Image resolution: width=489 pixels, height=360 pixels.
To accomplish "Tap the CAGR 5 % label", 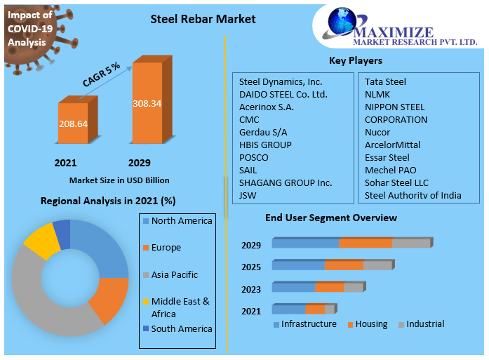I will coord(102,74).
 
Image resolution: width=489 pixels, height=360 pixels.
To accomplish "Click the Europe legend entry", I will coord(166,248).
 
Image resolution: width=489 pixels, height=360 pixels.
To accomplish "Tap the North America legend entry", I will coord(181,221).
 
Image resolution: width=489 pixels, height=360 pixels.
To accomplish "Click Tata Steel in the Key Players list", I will coord(385,81).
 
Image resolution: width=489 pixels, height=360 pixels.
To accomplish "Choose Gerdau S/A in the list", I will coord(263,132).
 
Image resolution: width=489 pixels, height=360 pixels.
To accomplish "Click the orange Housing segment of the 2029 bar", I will coord(366,244).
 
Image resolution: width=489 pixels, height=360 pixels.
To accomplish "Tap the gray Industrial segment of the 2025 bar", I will coord(377,265).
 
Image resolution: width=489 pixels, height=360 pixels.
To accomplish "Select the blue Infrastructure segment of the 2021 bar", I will coord(288,309).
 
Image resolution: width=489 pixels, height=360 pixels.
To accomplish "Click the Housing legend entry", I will coord(371,324).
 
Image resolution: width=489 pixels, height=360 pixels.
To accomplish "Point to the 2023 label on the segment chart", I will coord(251,289).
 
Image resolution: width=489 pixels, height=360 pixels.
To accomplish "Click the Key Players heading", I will coord(356,60).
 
